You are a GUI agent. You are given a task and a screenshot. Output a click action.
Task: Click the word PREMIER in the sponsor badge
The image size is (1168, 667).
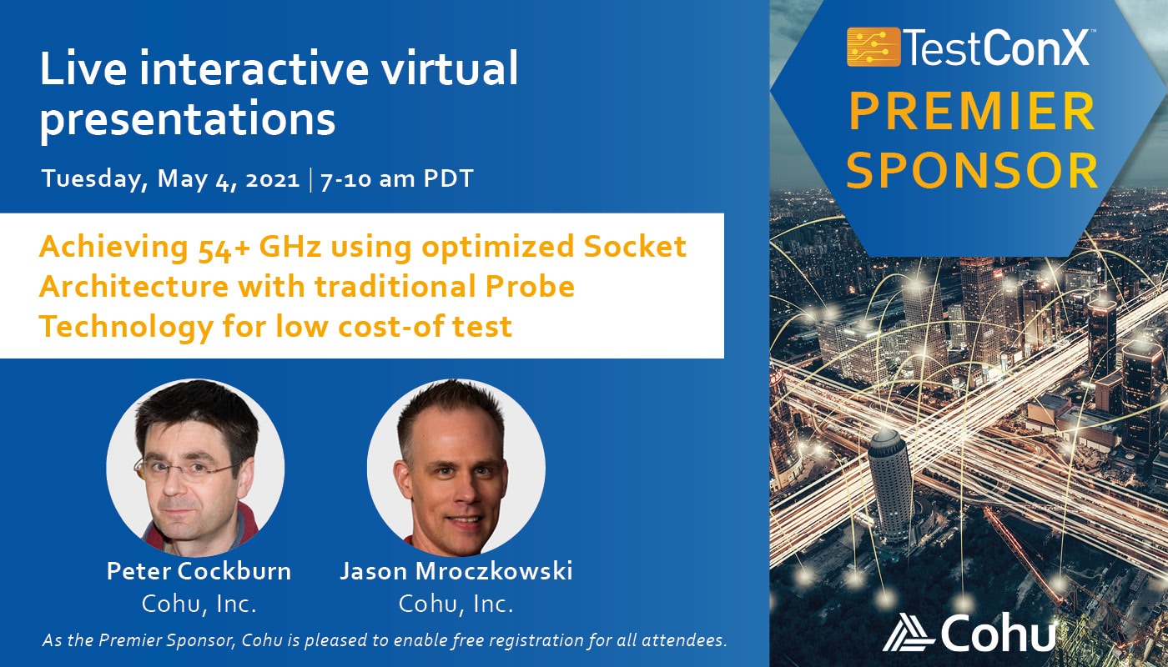pyautogui.click(x=972, y=112)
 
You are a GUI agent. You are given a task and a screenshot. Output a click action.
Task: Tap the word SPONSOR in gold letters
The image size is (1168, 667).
pyautogui.click(x=972, y=171)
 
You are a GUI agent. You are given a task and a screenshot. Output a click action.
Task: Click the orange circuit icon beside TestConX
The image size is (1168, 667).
pyautogui.click(x=873, y=47)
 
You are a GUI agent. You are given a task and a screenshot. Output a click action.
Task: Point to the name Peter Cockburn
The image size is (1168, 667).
pyautogui.click(x=199, y=571)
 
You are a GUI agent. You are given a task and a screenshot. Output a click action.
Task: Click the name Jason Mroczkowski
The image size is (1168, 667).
pyautogui.click(x=456, y=571)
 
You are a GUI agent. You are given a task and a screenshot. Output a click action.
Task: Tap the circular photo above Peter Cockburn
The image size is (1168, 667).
pyautogui.click(x=195, y=468)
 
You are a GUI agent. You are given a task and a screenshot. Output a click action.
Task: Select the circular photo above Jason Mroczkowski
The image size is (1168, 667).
pyautogui.click(x=456, y=468)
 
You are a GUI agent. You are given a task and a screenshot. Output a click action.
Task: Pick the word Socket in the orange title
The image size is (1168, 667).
pyautogui.click(x=635, y=247)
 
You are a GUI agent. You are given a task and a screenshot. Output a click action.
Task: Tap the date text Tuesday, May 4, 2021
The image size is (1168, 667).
pyautogui.click(x=170, y=178)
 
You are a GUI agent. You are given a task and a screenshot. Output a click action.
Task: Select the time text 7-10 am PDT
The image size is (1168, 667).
pyautogui.click(x=397, y=178)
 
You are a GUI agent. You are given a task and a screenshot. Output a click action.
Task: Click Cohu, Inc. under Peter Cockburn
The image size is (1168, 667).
pyautogui.click(x=199, y=604)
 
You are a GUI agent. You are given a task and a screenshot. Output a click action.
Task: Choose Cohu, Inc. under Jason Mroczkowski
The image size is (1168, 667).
pyautogui.click(x=456, y=604)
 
